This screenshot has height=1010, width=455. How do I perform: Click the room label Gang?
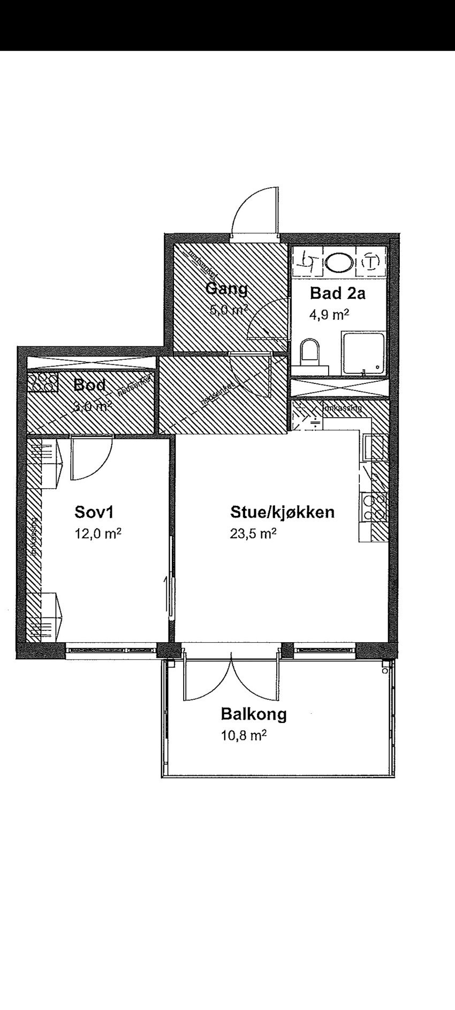click(226, 289)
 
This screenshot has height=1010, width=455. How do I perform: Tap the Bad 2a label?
click(338, 293)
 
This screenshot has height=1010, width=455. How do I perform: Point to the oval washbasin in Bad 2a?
click(339, 262)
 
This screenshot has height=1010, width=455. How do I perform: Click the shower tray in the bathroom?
click(363, 353)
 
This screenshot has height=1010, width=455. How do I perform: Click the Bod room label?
click(89, 385)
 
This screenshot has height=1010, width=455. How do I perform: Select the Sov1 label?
click(94, 512)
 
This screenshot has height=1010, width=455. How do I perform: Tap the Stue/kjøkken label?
click(282, 512)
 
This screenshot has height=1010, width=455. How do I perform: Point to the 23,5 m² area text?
click(253, 533)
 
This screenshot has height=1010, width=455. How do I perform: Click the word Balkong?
click(254, 714)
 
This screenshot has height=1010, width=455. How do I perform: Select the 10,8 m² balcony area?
click(244, 736)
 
